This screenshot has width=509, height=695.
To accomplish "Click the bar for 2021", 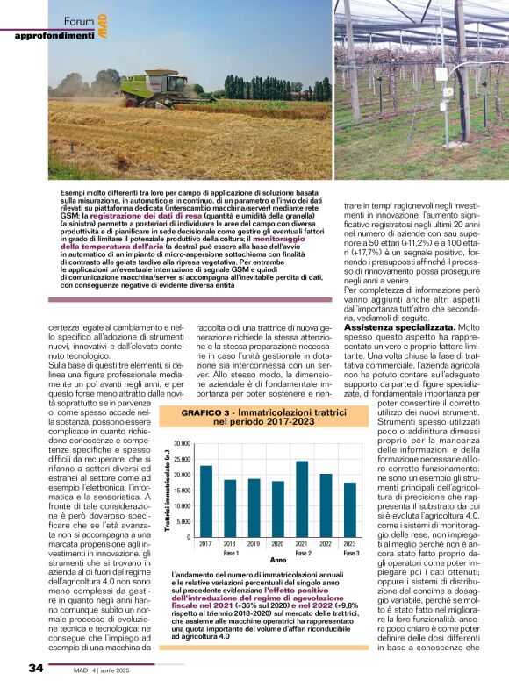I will tap(301, 498).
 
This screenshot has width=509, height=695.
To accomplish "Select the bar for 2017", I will tap(206, 501).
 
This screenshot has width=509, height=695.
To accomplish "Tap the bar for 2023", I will tap(349, 509).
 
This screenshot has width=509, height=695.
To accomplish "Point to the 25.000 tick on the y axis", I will tap(183, 459).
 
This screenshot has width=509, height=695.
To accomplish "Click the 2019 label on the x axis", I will tap(254, 545).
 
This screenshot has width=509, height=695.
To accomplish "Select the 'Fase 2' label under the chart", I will tap(303, 554).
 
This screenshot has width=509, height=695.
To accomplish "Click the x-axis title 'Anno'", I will tap(278, 560).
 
